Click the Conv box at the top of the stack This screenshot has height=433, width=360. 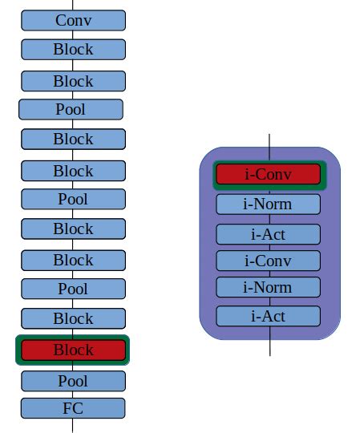point(73,20)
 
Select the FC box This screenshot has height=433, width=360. point(73,408)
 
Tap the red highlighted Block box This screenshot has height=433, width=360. point(73,350)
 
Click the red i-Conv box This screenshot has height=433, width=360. point(269,174)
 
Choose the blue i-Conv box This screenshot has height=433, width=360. point(269,261)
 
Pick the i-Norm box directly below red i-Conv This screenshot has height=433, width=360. point(269,204)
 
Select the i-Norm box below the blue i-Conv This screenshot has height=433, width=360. point(269,287)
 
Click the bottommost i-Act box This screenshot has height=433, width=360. point(269,316)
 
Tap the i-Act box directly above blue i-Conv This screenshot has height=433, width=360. point(269,234)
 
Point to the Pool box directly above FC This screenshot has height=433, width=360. point(73,380)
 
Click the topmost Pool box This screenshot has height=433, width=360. point(71,109)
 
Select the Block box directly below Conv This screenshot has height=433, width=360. point(73,49)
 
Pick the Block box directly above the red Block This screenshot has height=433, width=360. point(73,318)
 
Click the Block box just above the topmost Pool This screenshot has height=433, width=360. point(73,81)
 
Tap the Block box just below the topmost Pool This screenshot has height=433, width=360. point(73,139)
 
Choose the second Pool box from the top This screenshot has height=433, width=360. point(73,199)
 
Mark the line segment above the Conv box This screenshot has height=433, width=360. point(73,5)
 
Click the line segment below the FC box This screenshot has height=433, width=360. point(73,425)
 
